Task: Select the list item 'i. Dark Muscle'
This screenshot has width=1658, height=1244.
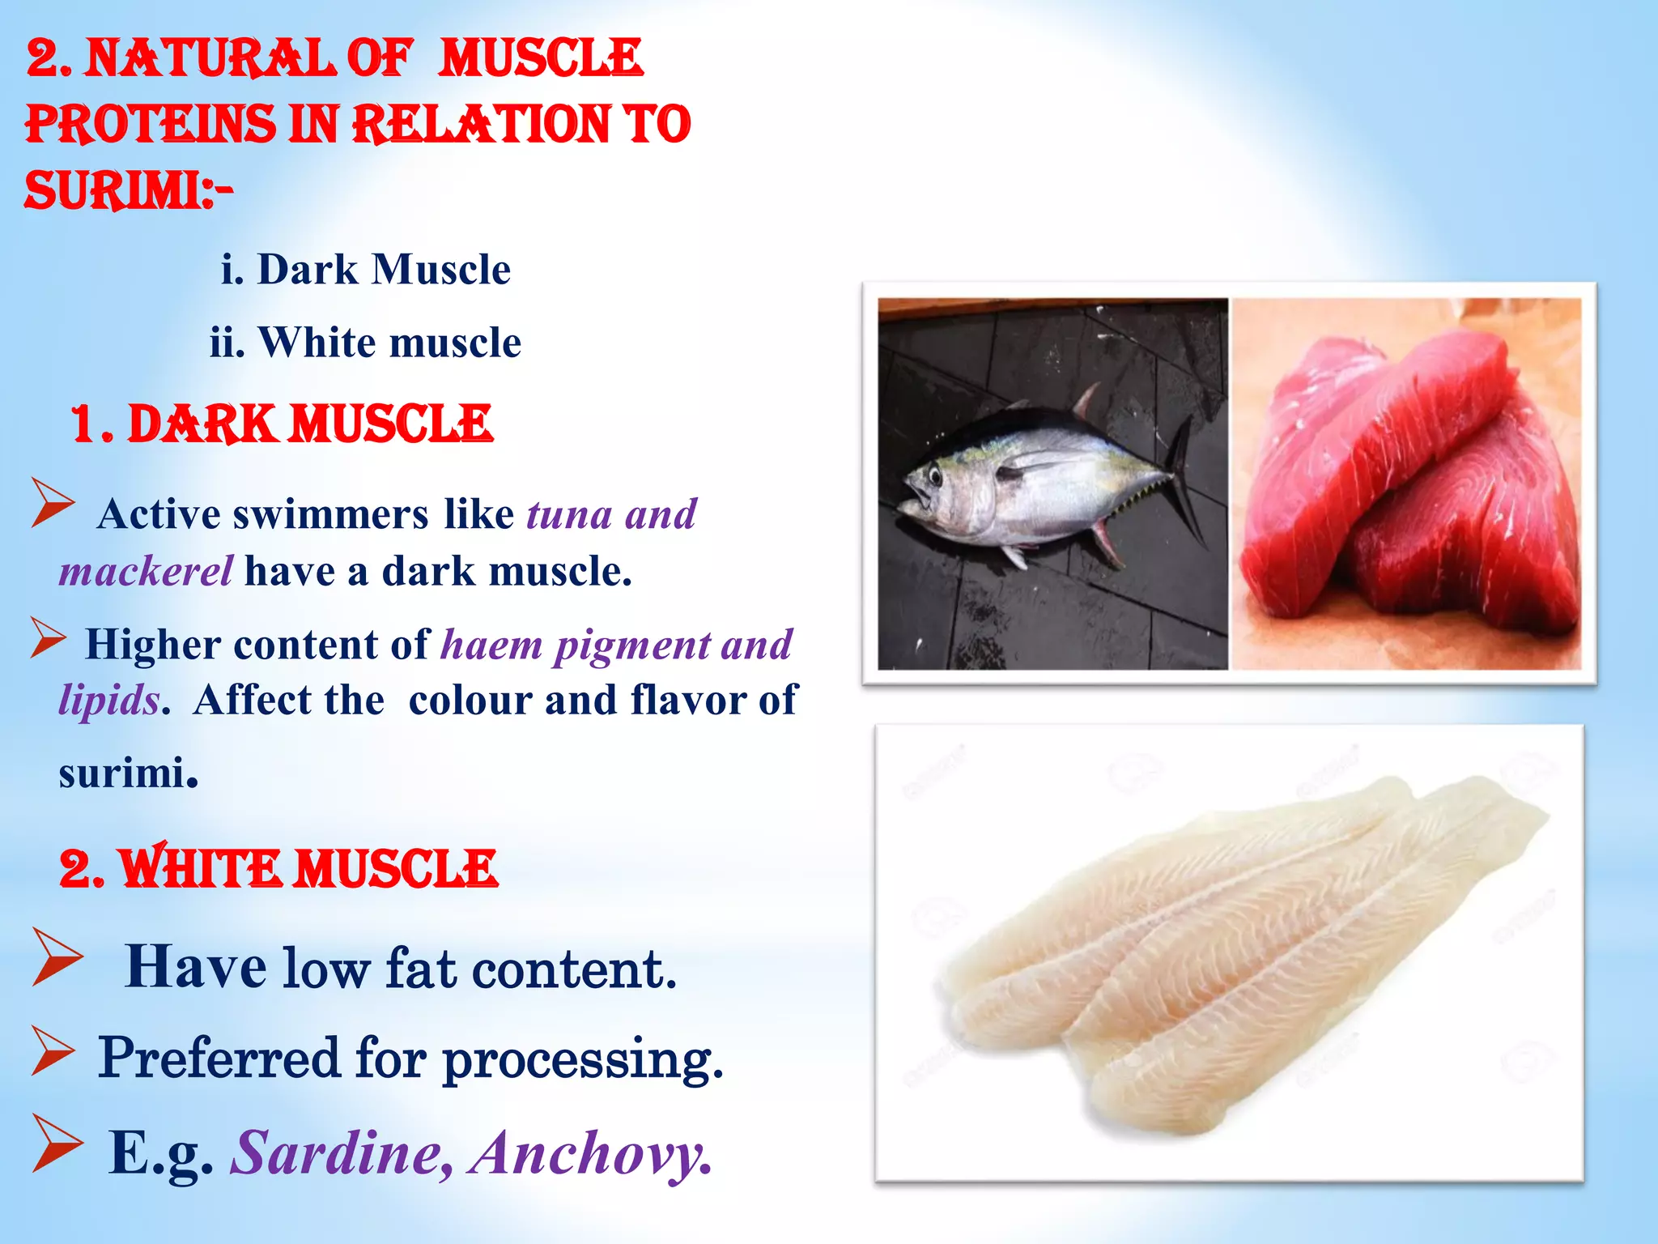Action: coord(366,269)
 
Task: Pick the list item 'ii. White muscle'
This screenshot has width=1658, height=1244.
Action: coord(365,342)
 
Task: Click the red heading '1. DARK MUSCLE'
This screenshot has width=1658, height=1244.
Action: coord(282,424)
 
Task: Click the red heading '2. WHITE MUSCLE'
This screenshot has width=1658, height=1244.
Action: coord(278,868)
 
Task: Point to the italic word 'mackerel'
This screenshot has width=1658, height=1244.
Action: coord(147,571)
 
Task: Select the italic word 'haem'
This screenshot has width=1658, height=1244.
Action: coord(491,645)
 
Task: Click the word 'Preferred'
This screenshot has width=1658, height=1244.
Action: coord(219,1058)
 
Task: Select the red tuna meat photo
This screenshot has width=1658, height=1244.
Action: coord(1406,484)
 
